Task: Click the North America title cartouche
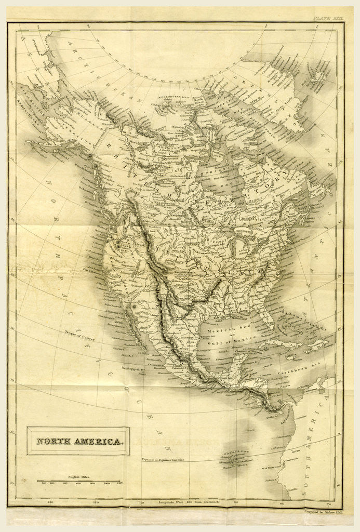pos(78,441)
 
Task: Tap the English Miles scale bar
pos(78,482)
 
